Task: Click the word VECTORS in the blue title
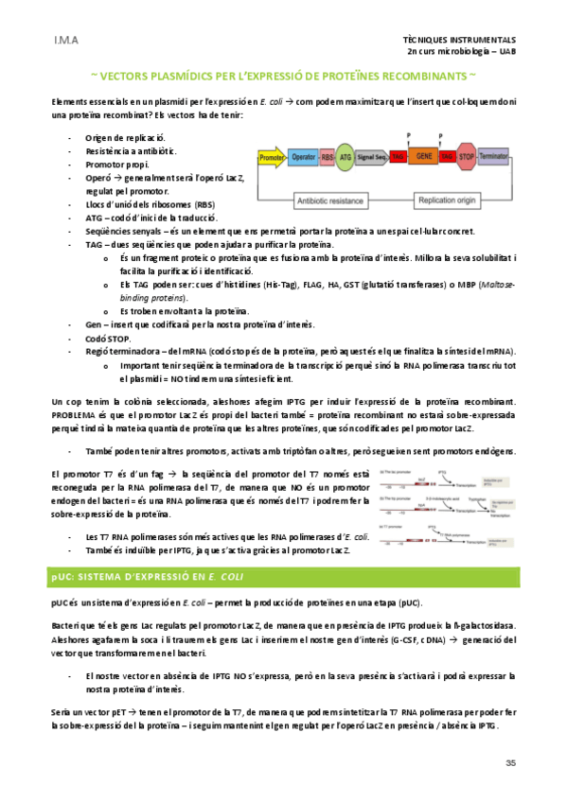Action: coord(132,74)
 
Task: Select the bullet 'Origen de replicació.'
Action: coord(125,139)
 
